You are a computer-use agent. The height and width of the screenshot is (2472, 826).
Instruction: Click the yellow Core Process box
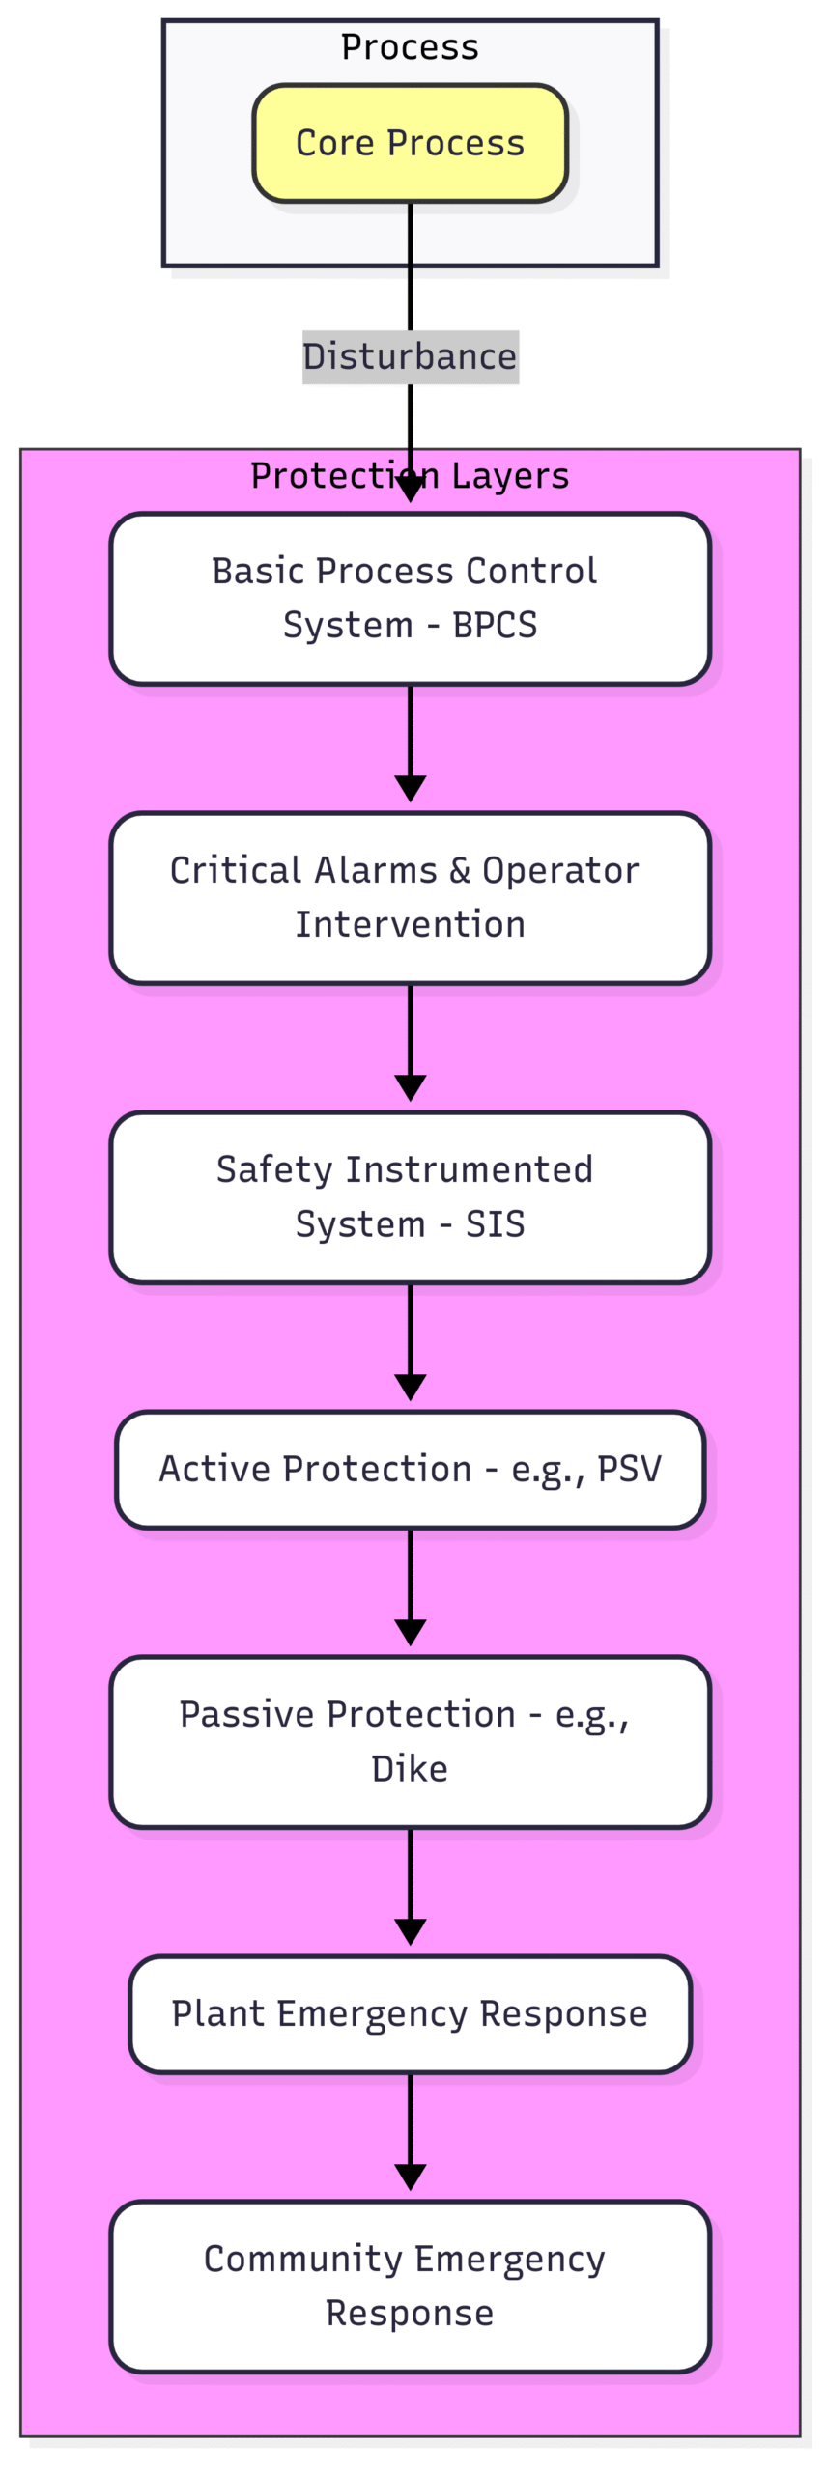click(410, 143)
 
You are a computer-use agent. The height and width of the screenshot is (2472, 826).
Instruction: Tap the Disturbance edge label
click(410, 356)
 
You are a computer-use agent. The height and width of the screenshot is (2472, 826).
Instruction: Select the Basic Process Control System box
click(410, 599)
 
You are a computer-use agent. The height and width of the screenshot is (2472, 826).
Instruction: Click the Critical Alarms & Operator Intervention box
click(410, 898)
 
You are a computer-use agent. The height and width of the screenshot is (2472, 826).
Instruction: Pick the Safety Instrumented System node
click(410, 1197)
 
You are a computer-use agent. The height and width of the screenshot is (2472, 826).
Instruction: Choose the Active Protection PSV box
click(410, 1470)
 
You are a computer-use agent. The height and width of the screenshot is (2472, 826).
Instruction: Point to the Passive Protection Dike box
click(410, 1742)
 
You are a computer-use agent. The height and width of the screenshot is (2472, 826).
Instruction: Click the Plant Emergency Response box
click(410, 2014)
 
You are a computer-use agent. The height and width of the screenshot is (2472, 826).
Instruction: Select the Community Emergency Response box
click(410, 2287)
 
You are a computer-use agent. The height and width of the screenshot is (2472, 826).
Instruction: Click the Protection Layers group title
click(410, 476)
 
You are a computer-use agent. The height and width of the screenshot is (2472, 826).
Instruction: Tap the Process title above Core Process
click(410, 47)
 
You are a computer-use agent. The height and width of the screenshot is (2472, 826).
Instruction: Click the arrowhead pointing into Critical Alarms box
click(410, 788)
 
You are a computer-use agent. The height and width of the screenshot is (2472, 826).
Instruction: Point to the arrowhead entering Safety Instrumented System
click(410, 1087)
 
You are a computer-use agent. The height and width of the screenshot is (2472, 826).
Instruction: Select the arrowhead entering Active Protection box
click(410, 1387)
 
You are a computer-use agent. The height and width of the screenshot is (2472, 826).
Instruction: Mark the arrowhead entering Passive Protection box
click(410, 1632)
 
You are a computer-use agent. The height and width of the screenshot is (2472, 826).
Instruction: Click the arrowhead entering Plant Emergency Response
click(410, 1931)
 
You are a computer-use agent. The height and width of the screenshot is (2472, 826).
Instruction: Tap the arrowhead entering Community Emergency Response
click(410, 2177)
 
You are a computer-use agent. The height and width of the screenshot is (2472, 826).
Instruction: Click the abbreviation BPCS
click(495, 626)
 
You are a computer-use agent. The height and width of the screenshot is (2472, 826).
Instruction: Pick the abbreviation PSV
click(629, 1470)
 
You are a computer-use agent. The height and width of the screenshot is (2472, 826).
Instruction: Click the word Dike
click(410, 1769)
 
